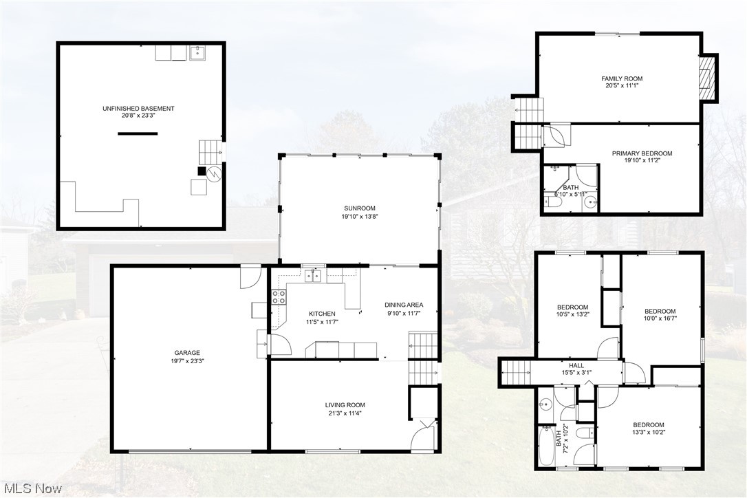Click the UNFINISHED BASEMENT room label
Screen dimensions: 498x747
(x=138, y=109)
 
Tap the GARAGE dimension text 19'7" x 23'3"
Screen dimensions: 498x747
(x=188, y=360)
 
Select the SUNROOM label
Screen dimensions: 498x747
(x=360, y=208)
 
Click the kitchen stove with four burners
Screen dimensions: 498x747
(x=279, y=297)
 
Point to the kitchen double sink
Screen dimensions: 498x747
(x=314, y=276)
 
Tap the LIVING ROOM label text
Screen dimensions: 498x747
(x=345, y=405)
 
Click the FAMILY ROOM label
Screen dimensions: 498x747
(x=622, y=79)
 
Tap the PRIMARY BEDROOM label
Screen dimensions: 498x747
(x=642, y=153)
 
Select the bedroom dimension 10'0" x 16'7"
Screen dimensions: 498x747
(x=659, y=318)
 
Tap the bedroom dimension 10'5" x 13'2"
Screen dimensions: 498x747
(x=572, y=314)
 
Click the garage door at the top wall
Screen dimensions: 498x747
(x=249, y=277)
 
